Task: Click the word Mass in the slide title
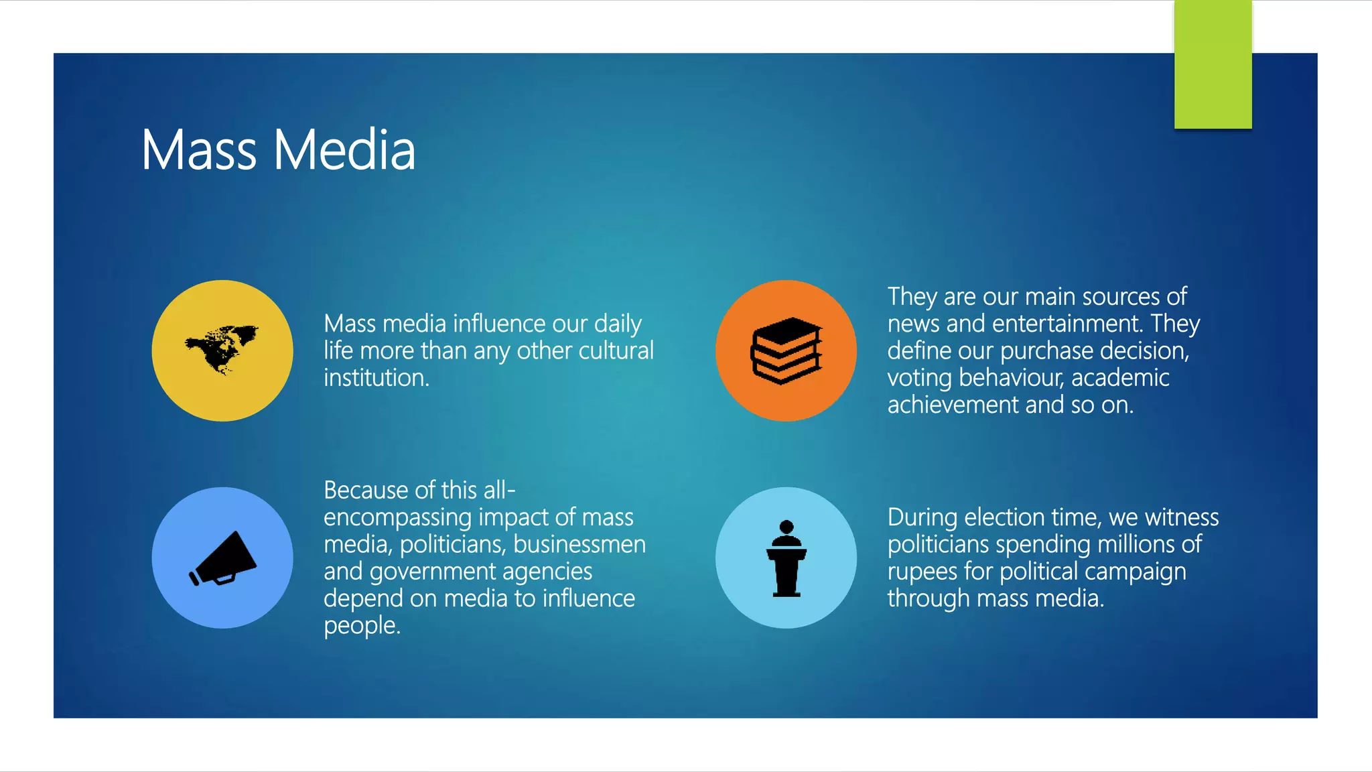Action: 199,150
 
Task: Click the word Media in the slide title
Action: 344,150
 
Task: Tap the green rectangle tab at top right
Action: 1213,64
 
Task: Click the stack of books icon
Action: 786,350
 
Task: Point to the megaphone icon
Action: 223,558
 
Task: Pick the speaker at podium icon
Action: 786,559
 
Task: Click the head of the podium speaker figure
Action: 786,527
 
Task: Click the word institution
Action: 376,378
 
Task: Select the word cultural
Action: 616,350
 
